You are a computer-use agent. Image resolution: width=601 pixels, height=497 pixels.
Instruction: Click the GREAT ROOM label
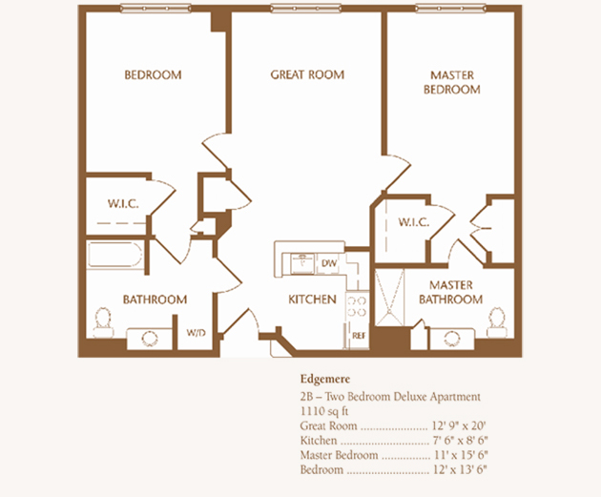307,74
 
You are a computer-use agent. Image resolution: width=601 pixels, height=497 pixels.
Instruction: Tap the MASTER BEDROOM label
452,82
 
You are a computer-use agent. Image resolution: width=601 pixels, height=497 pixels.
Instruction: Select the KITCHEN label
312,300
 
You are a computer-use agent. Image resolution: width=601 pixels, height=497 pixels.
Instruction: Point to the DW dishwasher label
329,263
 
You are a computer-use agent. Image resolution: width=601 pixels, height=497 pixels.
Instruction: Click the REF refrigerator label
359,336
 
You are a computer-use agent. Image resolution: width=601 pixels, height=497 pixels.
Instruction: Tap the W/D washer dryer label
196,333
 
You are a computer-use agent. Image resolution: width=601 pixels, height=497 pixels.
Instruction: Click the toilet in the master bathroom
497,322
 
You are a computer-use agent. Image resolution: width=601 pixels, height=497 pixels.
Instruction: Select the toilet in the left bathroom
103,322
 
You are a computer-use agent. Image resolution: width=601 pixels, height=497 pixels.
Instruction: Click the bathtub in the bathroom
114,255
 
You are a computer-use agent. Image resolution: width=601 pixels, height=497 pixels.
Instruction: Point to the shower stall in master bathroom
389,298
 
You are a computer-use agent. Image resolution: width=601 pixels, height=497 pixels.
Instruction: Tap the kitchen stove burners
357,307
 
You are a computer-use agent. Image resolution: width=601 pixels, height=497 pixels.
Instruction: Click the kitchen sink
302,263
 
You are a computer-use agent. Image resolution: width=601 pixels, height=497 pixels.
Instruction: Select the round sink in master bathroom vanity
451,339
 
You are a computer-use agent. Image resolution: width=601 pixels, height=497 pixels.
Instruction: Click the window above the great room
305,8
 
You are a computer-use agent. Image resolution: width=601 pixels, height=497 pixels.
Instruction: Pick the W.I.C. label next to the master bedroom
414,222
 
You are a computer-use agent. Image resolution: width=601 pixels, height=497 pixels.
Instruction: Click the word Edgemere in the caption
325,380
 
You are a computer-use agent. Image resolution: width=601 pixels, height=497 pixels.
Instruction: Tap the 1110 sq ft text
324,411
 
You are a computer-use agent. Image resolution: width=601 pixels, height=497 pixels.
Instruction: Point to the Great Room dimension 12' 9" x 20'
459,425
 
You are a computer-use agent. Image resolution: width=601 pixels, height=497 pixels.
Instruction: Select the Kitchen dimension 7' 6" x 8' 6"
460,441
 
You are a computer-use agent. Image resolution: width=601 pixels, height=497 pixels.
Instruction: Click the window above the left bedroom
155,8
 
